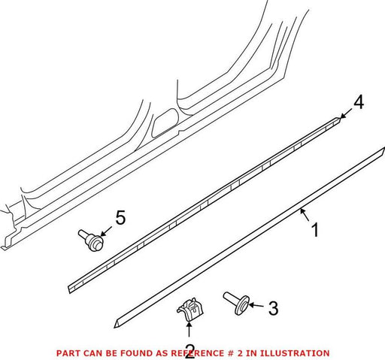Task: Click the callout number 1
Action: (x=315, y=230)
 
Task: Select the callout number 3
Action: (x=273, y=308)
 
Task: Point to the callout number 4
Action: (x=359, y=103)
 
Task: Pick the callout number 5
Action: (x=120, y=217)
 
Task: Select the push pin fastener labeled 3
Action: (x=236, y=303)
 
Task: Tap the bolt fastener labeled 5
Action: (x=91, y=240)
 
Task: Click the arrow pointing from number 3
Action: (x=256, y=305)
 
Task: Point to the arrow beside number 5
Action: (x=106, y=231)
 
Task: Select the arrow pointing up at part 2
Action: (x=189, y=328)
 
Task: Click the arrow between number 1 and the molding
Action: (x=305, y=215)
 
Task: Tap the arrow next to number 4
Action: (x=345, y=114)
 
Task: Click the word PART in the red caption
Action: (x=68, y=353)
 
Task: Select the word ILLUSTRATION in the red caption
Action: (x=294, y=353)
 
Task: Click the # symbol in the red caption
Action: (x=230, y=353)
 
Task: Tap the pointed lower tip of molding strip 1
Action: (x=115, y=327)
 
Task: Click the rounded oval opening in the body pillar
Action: (x=165, y=123)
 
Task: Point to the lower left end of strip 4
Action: (x=69, y=290)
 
